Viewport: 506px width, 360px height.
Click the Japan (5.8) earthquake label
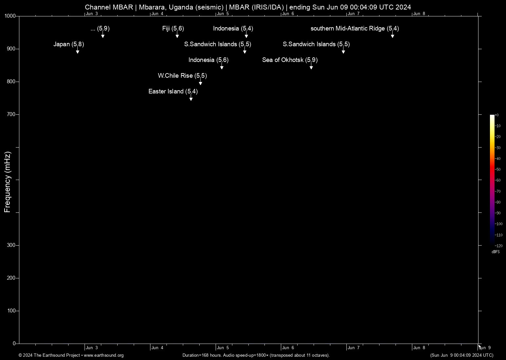pos(69,44)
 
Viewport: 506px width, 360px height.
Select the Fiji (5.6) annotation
pos(173,29)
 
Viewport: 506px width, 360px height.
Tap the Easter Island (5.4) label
pos(173,91)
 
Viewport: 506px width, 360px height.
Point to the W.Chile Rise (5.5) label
pos(182,76)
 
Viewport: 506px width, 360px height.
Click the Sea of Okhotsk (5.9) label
pos(290,60)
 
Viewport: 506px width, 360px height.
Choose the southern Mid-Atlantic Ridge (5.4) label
pos(355,29)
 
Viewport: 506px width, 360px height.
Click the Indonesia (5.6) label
pos(208,60)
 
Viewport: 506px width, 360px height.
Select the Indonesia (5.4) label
pos(233,29)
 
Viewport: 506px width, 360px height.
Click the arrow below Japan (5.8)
pos(78,51)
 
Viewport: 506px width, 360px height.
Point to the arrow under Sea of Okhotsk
pos(311,67)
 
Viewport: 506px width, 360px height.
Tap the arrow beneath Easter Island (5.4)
pos(191,98)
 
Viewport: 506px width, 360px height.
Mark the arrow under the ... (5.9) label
pos(103,35)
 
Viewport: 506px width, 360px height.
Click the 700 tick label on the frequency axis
pos(11,114)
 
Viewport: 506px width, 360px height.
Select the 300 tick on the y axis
pos(11,245)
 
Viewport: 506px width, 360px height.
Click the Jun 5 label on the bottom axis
pos(223,348)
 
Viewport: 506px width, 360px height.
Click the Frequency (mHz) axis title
pos(7,182)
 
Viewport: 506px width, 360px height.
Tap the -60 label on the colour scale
pos(498,180)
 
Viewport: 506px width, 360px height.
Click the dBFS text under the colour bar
pos(496,252)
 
